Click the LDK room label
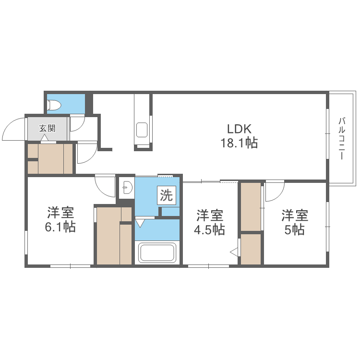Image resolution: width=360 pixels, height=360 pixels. pyautogui.click(x=240, y=129)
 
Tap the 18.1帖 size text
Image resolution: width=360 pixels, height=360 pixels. pyautogui.click(x=240, y=143)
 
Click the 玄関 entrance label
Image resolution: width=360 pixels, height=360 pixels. pyautogui.click(x=47, y=128)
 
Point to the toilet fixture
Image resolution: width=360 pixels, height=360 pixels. pyautogui.click(x=54, y=105)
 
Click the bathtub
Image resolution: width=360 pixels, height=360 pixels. pyautogui.click(x=156, y=253)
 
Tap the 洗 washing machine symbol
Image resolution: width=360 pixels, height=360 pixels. pyautogui.click(x=166, y=195)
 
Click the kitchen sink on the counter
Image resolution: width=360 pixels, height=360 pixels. pyautogui.click(x=142, y=130)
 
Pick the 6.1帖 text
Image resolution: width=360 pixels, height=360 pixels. pyautogui.click(x=60, y=227)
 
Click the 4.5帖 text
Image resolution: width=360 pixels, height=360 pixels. pyautogui.click(x=209, y=230)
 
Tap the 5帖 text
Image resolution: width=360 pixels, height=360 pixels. pyautogui.click(x=294, y=230)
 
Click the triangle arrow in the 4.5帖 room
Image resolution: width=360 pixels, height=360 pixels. pyautogui.click(x=234, y=251)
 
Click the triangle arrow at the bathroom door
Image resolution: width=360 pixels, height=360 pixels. pyautogui.click(x=140, y=223)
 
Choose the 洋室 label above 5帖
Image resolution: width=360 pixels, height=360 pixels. pyautogui.click(x=294, y=215)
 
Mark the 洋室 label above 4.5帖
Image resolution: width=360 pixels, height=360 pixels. pyautogui.click(x=209, y=215)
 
